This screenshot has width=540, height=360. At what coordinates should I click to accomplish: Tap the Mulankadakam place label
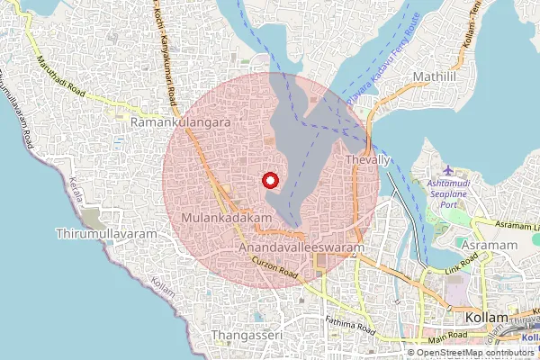tap(226, 219)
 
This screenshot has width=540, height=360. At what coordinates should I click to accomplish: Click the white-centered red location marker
tap(269, 181)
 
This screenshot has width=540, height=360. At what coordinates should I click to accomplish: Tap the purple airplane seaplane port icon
tap(450, 170)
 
